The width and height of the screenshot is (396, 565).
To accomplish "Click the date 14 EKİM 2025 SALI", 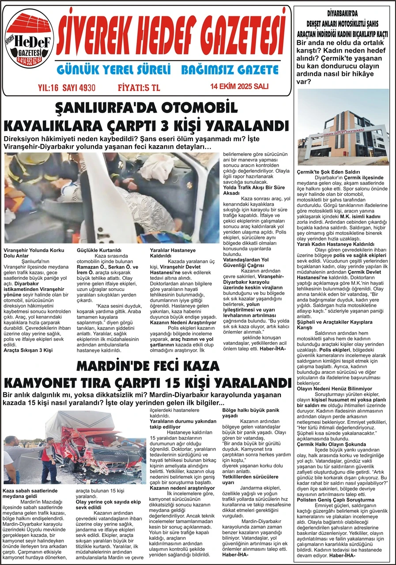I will [239, 87].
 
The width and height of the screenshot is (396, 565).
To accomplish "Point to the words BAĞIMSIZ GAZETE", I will [230, 70].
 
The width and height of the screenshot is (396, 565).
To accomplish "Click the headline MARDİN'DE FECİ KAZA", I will [147, 365].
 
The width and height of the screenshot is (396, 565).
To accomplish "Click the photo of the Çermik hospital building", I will [343, 127].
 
